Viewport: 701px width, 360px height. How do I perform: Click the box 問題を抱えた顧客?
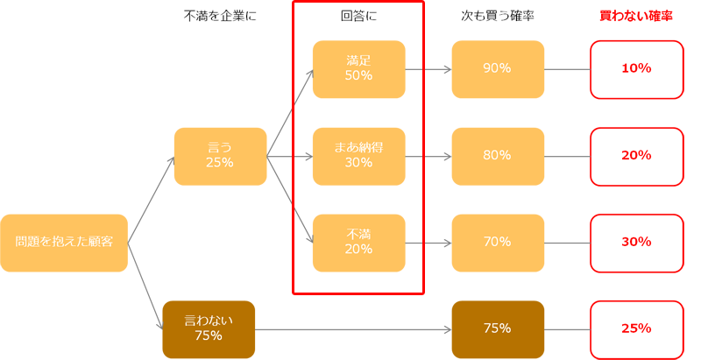point(64,243)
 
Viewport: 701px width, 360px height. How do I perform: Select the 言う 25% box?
point(221,156)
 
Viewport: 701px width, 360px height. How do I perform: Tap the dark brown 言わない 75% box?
point(209,329)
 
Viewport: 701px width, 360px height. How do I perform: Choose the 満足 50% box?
point(359,69)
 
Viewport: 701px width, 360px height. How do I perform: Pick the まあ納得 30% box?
point(359,156)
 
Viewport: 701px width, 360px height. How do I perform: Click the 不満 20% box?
point(359,243)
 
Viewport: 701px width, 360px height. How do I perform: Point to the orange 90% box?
point(498,69)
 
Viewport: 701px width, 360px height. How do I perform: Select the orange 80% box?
point(498,156)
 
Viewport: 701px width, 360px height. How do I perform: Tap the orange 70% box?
point(498,243)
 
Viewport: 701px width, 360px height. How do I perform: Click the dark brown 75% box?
point(498,329)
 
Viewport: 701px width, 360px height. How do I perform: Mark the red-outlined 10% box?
point(637,70)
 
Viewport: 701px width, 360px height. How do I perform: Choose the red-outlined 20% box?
point(637,157)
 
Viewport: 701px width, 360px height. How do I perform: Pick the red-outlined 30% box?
point(637,244)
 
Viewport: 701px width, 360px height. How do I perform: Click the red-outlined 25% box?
point(637,330)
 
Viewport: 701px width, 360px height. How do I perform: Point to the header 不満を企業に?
point(220,17)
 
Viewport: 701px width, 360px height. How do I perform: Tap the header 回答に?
point(359,17)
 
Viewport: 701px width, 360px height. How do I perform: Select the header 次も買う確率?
point(498,17)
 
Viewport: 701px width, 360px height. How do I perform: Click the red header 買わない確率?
point(636,17)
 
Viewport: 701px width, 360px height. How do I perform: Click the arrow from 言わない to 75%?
point(353,329)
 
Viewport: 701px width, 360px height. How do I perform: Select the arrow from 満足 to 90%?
point(428,69)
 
